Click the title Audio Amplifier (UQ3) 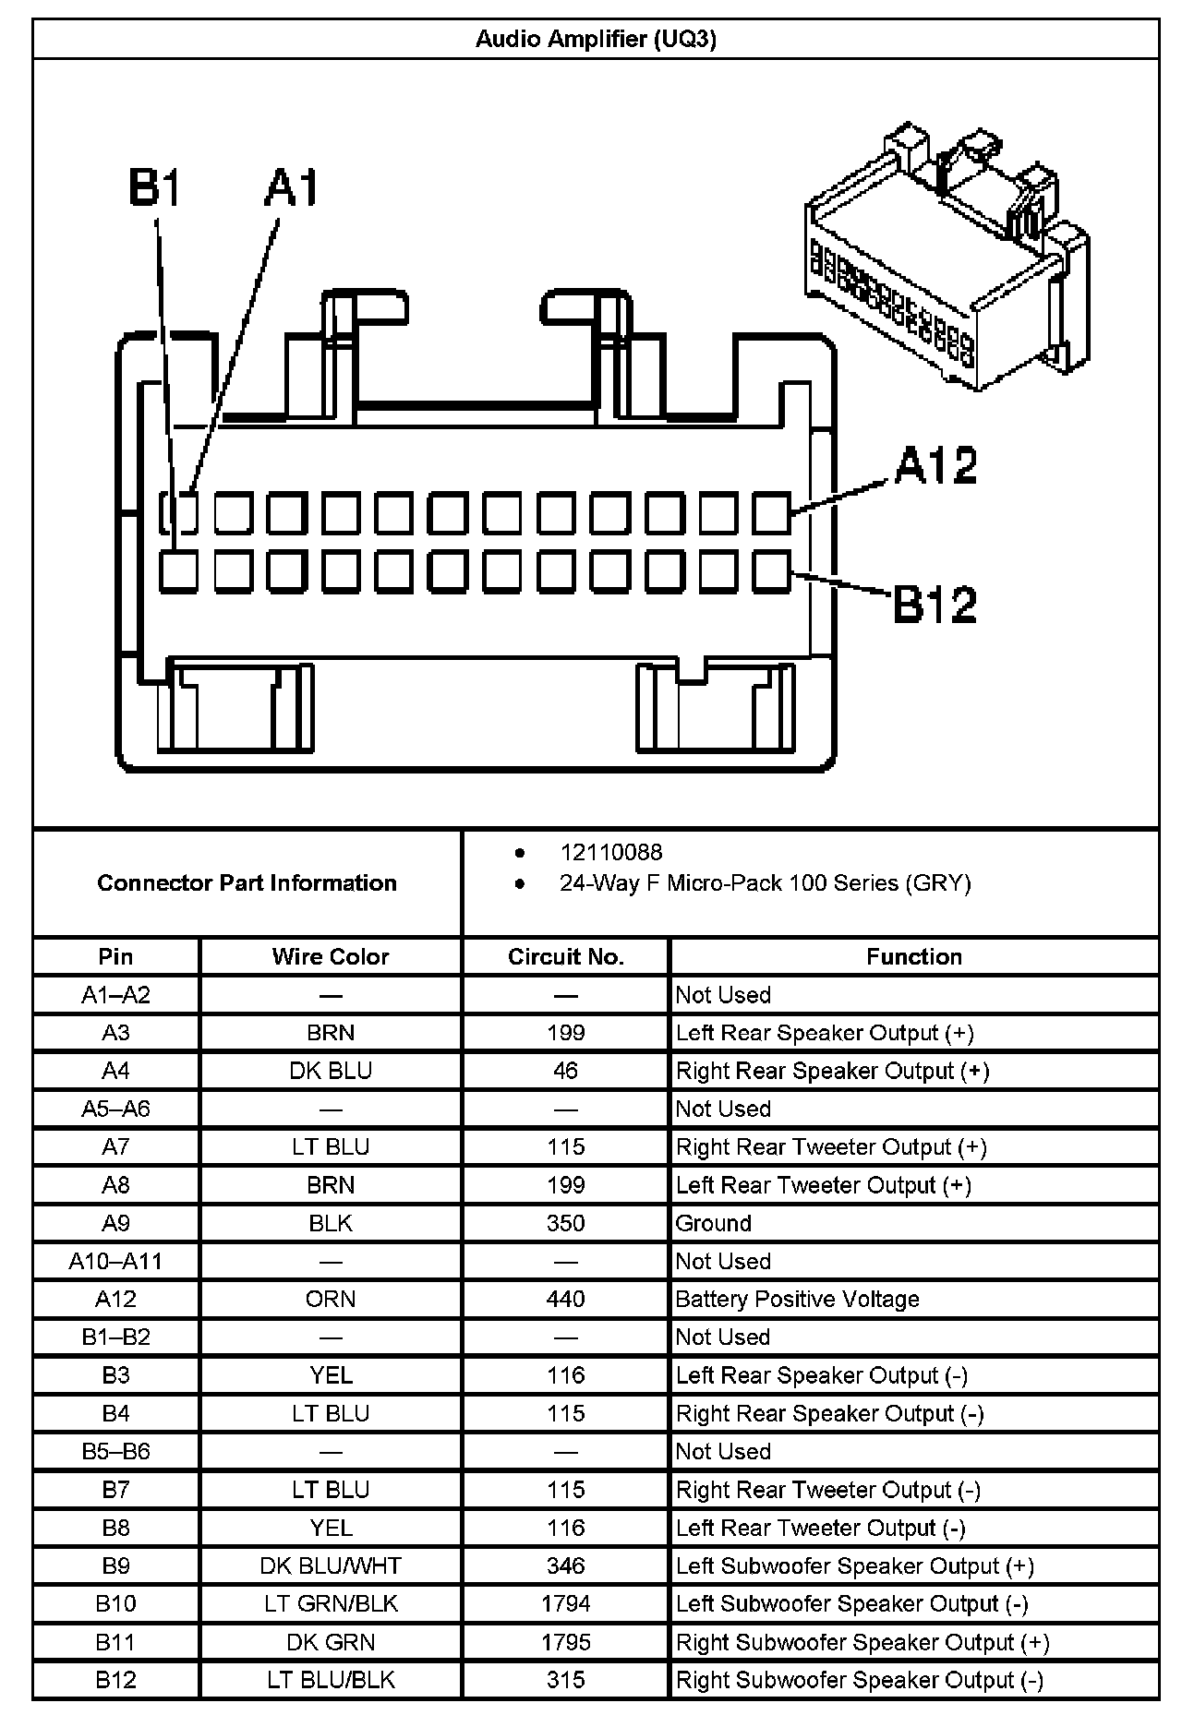596,39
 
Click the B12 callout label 935,605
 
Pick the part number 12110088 610,852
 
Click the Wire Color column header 331,956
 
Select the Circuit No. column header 565,956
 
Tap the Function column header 913,956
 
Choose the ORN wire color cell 331,1299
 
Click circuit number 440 565,1299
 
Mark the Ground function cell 714,1223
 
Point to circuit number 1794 565,1603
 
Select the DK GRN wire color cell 331,1642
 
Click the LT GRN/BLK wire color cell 331,1603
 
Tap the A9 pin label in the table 115,1223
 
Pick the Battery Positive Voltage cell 797,1299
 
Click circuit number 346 565,1565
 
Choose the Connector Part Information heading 247,882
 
